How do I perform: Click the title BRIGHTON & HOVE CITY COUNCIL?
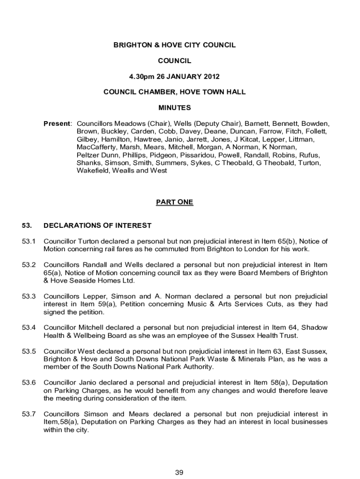pos(174,45)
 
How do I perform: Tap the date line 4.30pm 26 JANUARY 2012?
pos(174,76)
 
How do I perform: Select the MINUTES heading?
pos(174,108)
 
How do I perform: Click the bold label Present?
pos(57,124)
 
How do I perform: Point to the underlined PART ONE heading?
pos(174,202)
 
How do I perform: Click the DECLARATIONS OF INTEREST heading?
pos(97,225)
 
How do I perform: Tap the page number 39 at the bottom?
pos(179,472)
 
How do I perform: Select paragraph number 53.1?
pos(29,241)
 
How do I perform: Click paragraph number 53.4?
pos(29,328)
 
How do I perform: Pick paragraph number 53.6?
pos(29,383)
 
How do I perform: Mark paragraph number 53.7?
pos(29,414)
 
